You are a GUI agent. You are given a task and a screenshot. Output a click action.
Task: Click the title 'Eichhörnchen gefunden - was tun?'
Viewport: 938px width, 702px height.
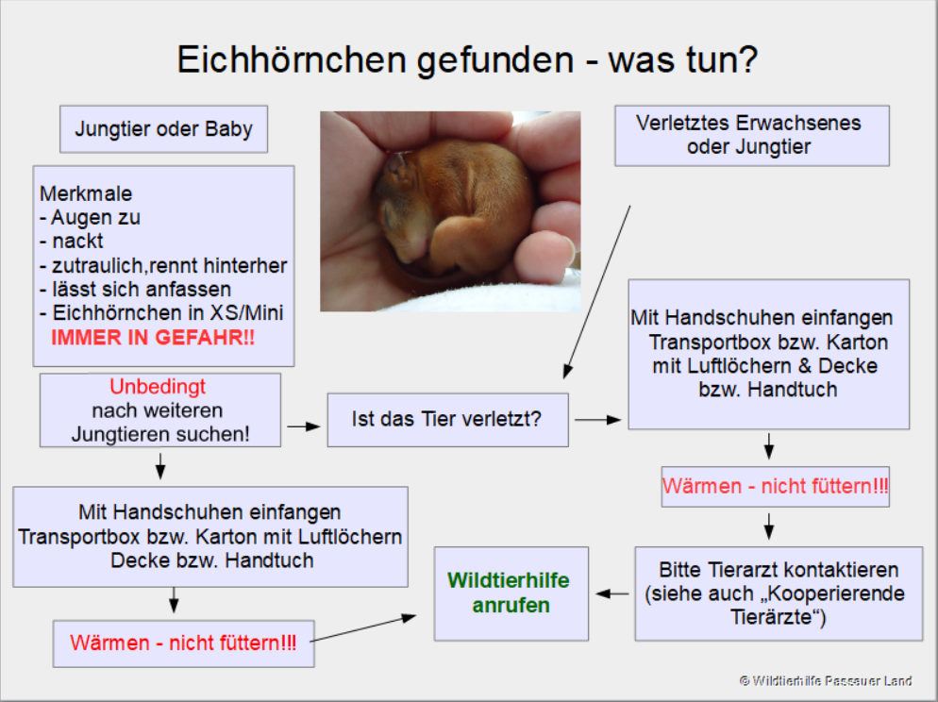click(x=467, y=59)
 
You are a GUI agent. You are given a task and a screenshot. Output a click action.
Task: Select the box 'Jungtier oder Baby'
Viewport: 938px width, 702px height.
click(x=163, y=129)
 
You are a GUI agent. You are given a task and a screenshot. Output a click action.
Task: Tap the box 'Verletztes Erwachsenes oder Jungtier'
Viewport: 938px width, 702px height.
click(x=752, y=136)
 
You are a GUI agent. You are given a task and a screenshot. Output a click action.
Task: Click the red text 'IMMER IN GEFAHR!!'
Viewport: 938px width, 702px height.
click(x=153, y=338)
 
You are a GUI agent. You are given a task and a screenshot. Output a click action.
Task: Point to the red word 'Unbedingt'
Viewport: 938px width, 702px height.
click(x=158, y=387)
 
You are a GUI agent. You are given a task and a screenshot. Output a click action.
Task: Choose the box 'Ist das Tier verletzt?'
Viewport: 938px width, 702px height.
click(x=447, y=420)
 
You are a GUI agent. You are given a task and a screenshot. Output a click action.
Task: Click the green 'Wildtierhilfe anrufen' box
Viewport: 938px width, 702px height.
click(x=511, y=593)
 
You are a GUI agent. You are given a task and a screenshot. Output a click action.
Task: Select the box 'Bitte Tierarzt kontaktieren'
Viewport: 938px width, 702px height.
click(x=779, y=593)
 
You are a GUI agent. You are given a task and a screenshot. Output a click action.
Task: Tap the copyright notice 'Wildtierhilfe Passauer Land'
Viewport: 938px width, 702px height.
click(x=826, y=680)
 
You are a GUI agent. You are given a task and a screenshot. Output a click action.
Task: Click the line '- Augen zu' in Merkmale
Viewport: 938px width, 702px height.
click(x=90, y=218)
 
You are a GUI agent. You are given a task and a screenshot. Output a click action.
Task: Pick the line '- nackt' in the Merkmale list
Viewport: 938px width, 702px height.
click(x=71, y=241)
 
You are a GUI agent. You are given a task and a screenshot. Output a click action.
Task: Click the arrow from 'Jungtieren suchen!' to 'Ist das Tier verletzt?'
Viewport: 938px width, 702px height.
click(x=304, y=426)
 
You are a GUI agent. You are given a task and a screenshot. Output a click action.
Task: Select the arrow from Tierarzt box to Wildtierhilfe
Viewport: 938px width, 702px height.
click(x=612, y=593)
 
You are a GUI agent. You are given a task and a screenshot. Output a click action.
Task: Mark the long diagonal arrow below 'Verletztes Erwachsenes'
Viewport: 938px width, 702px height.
click(x=596, y=292)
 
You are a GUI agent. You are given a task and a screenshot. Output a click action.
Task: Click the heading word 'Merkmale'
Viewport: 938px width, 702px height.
click(x=86, y=193)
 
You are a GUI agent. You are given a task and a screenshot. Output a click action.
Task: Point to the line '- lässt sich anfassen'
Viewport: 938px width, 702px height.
click(x=135, y=290)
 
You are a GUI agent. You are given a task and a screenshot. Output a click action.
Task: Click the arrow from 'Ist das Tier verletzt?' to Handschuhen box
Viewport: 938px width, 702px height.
click(x=597, y=420)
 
